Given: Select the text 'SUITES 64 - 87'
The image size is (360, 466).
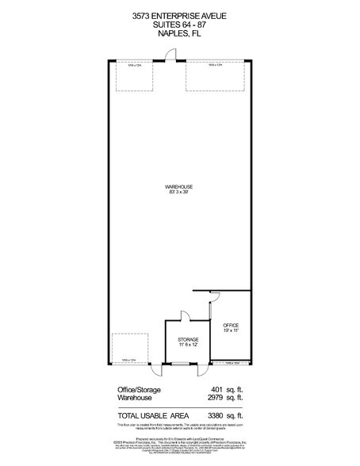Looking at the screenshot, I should coord(179,25).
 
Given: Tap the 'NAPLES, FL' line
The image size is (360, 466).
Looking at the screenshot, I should coord(179,34).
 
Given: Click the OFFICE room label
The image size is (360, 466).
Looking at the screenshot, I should coord(231,325).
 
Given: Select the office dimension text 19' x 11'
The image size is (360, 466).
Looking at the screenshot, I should coord(231,330).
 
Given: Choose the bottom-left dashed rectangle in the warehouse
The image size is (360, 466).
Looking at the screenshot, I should coord(130,348).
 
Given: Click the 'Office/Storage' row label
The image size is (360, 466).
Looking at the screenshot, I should coord(136,389).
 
